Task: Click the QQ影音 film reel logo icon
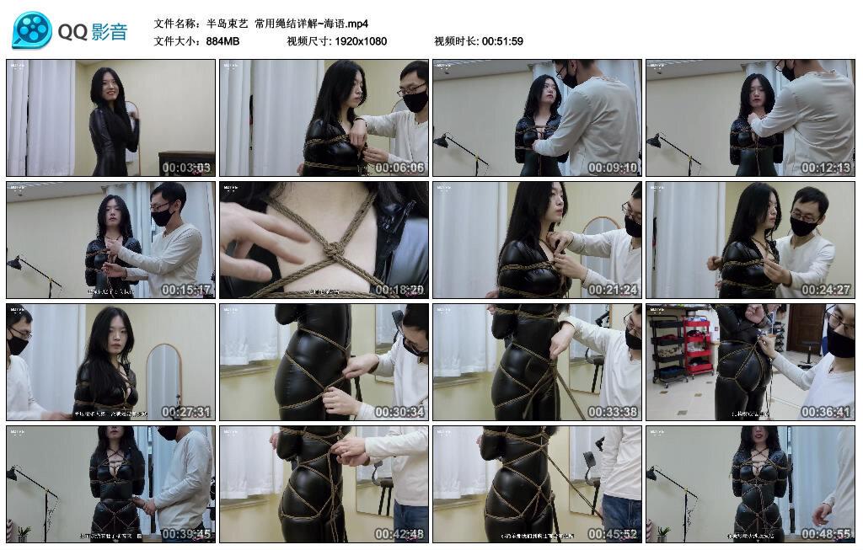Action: pos(32,30)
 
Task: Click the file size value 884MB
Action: pos(222,41)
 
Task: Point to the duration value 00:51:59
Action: pos(502,41)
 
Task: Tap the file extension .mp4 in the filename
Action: pos(358,24)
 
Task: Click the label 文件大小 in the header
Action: pos(175,41)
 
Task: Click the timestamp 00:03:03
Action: pos(186,168)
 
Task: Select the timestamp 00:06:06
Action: pos(399,168)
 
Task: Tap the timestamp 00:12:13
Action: pos(826,168)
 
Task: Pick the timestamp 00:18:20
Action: pos(399,290)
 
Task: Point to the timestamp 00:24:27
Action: pos(826,290)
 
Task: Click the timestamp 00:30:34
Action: pos(399,412)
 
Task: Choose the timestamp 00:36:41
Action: pos(826,412)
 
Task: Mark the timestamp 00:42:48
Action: pos(399,534)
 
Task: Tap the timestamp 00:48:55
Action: pos(826,534)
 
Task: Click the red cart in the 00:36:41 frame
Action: pos(698,345)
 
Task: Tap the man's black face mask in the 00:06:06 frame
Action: pos(414,101)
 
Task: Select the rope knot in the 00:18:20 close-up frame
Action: pos(332,250)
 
